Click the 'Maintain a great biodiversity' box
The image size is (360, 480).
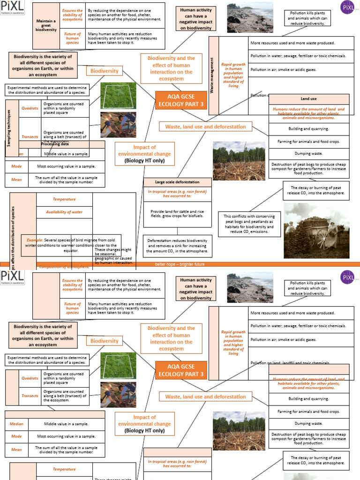pos(46,26)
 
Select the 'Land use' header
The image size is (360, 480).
pos(308,99)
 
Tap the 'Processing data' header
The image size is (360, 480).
pos(55,144)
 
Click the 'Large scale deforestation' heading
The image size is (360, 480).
pos(177,182)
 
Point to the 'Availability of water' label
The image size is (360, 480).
pos(64,212)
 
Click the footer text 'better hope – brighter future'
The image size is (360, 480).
pos(180,264)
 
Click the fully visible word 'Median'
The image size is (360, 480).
pos(16,424)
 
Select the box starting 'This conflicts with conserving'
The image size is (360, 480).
pos(249,224)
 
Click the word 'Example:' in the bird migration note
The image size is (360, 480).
pos(35,240)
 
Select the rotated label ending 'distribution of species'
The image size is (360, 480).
pos(13,230)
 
